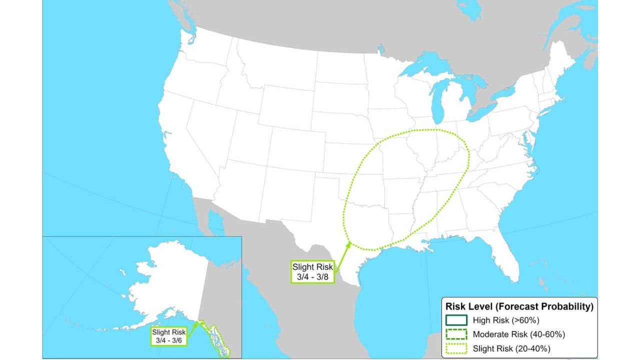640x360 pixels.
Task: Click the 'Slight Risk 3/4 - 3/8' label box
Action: (312, 271)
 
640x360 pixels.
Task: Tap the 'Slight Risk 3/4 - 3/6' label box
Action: (169, 336)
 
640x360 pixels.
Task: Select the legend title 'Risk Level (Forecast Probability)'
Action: (519, 306)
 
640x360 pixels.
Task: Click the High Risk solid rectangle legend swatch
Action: (456, 320)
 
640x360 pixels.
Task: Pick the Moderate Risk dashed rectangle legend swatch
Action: (456, 334)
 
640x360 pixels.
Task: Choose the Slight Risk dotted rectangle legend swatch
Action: (456, 348)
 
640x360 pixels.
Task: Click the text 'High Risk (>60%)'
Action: (505, 320)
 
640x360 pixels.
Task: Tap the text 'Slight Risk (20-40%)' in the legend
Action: (512, 348)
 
